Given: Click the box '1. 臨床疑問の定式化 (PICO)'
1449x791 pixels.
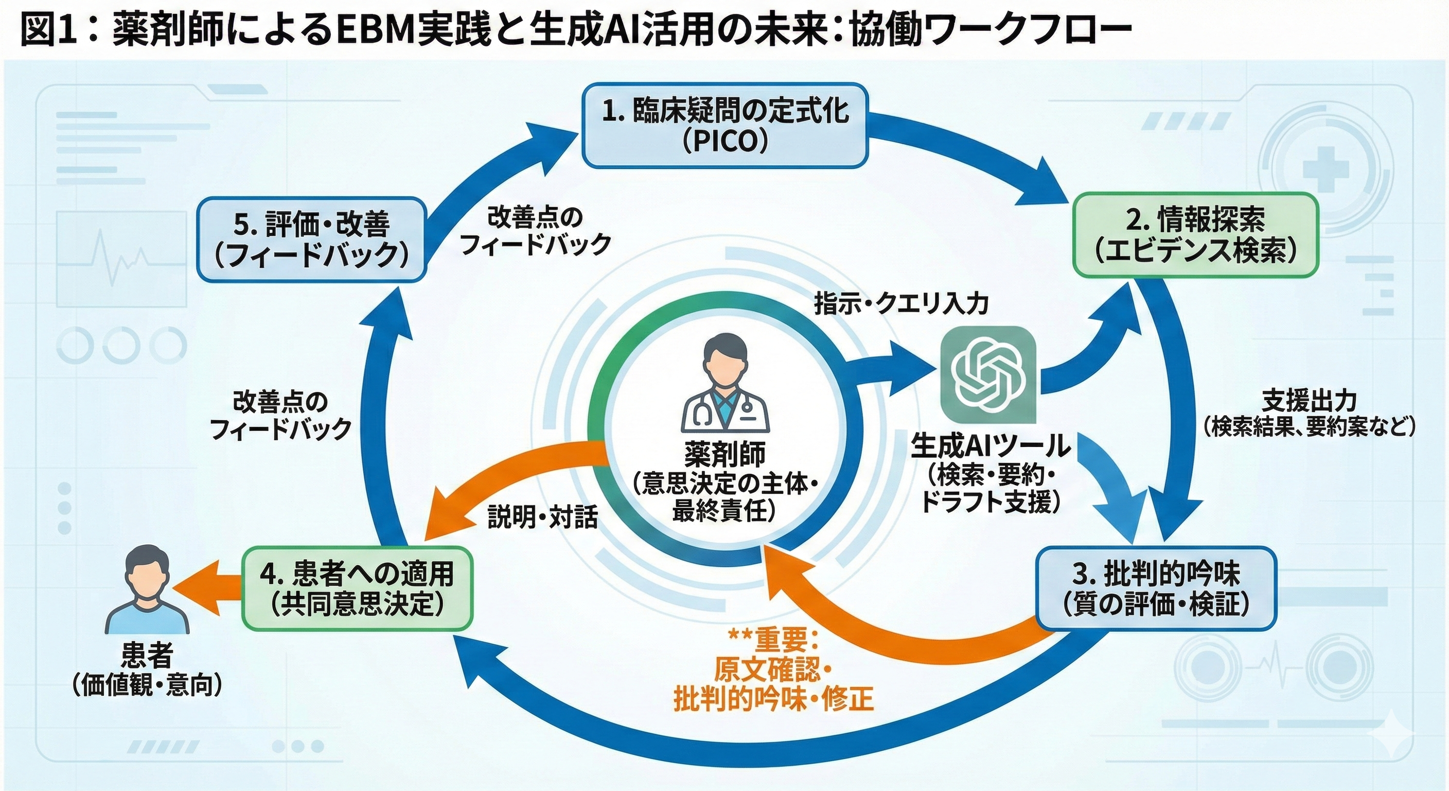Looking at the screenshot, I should [724, 126].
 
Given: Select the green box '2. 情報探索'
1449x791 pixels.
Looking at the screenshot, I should [1196, 235].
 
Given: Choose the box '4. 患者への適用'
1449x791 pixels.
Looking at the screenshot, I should [357, 588].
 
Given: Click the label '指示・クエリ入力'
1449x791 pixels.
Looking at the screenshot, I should [901, 304].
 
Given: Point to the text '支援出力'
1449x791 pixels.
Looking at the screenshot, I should [1309, 401].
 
